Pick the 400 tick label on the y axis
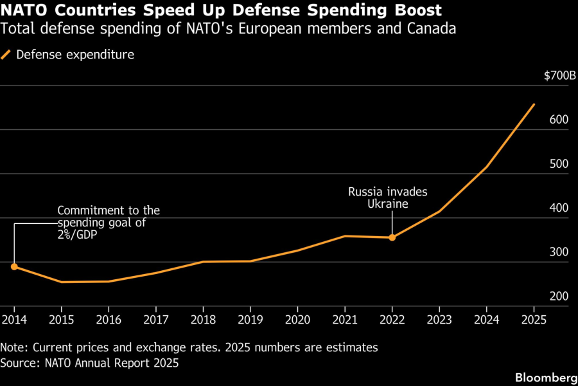(559, 208)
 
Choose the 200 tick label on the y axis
(559, 297)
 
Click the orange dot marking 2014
(14, 266)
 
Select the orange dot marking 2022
(392, 237)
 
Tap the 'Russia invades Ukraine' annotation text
(387, 198)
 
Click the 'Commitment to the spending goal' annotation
(108, 223)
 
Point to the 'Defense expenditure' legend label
(75, 55)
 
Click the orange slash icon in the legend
(6, 55)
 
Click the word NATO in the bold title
(24, 11)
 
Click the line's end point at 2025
(534, 104)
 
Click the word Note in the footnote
(15, 347)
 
